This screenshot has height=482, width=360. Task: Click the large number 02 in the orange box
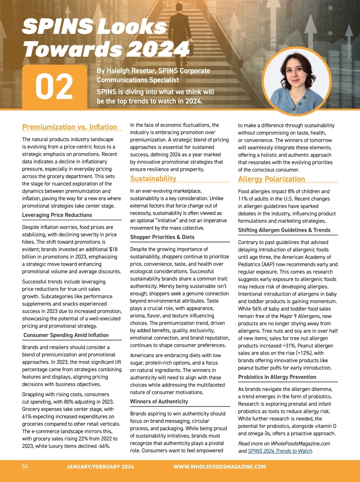[54, 87]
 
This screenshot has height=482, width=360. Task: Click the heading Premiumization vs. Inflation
[70, 127]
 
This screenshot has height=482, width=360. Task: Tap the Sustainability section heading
[153, 179]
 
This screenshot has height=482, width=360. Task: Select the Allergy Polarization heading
[271, 179]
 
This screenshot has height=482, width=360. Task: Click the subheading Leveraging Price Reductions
[57, 215]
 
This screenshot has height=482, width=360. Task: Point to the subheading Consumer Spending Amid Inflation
[66, 335]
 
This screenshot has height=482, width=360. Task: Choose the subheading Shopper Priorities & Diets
[162, 237]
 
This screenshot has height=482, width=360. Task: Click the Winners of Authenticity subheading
[159, 402]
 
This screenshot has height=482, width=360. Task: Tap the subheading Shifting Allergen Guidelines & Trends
[284, 230]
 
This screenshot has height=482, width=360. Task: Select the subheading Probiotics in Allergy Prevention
[277, 377]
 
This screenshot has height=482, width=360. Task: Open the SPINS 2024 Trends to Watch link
[280, 451]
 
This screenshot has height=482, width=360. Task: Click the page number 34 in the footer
[25, 466]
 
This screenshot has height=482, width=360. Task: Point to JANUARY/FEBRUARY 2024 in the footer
[100, 467]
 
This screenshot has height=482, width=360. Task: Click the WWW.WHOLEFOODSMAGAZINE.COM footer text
[220, 467]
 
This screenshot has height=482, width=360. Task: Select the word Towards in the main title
[72, 49]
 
